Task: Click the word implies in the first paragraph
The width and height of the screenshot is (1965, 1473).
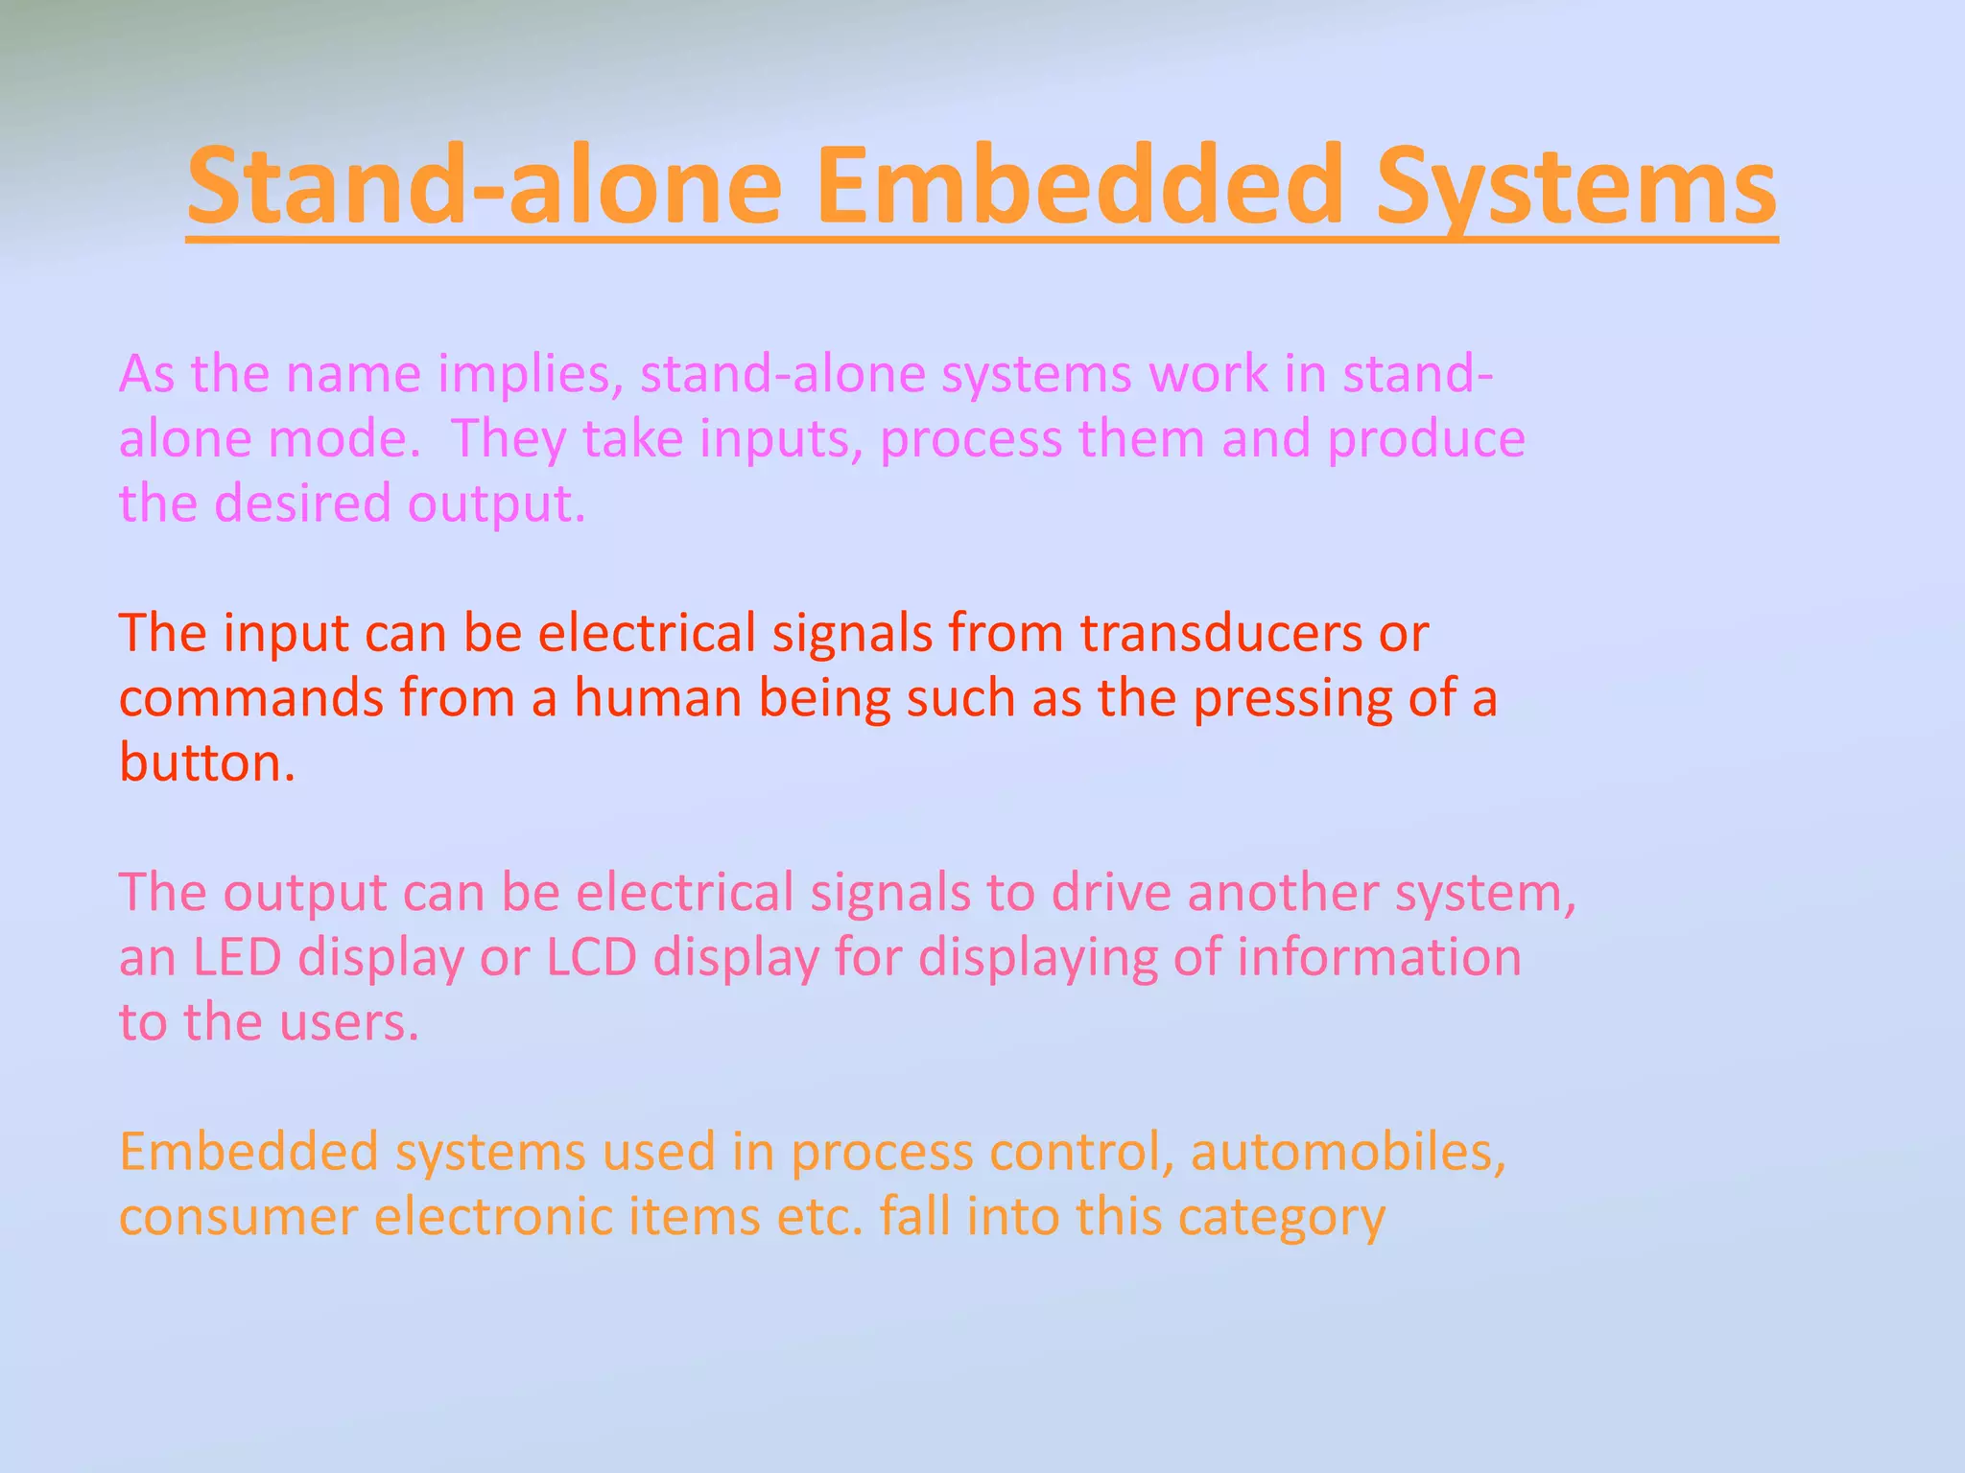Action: pos(525,375)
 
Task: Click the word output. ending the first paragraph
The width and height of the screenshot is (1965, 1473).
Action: pos(496,503)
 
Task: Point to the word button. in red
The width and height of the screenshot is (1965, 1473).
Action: pos(207,763)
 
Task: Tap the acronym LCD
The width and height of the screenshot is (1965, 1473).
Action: pos(591,957)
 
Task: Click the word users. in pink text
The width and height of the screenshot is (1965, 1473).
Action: pos(349,1022)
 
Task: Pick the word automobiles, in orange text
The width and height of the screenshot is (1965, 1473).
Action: pos(1348,1152)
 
